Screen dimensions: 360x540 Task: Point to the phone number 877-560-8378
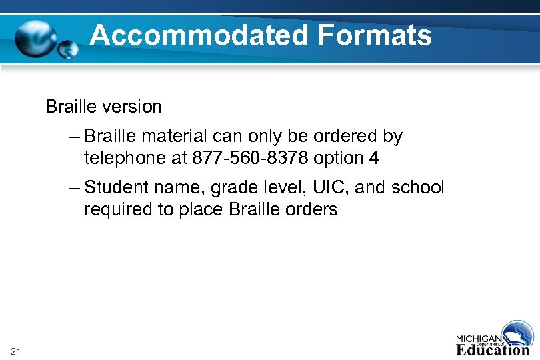tap(250, 159)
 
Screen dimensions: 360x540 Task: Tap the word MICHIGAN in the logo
tap(479, 337)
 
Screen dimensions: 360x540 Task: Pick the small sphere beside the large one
tap(68, 49)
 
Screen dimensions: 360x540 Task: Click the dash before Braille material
tap(74, 137)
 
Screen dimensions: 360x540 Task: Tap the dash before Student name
tap(74, 188)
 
